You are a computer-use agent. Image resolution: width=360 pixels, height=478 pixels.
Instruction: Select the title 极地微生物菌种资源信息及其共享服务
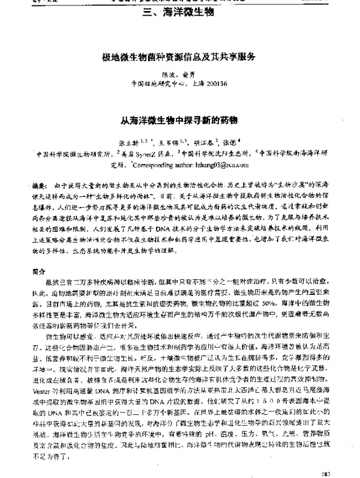coord(180,57)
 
